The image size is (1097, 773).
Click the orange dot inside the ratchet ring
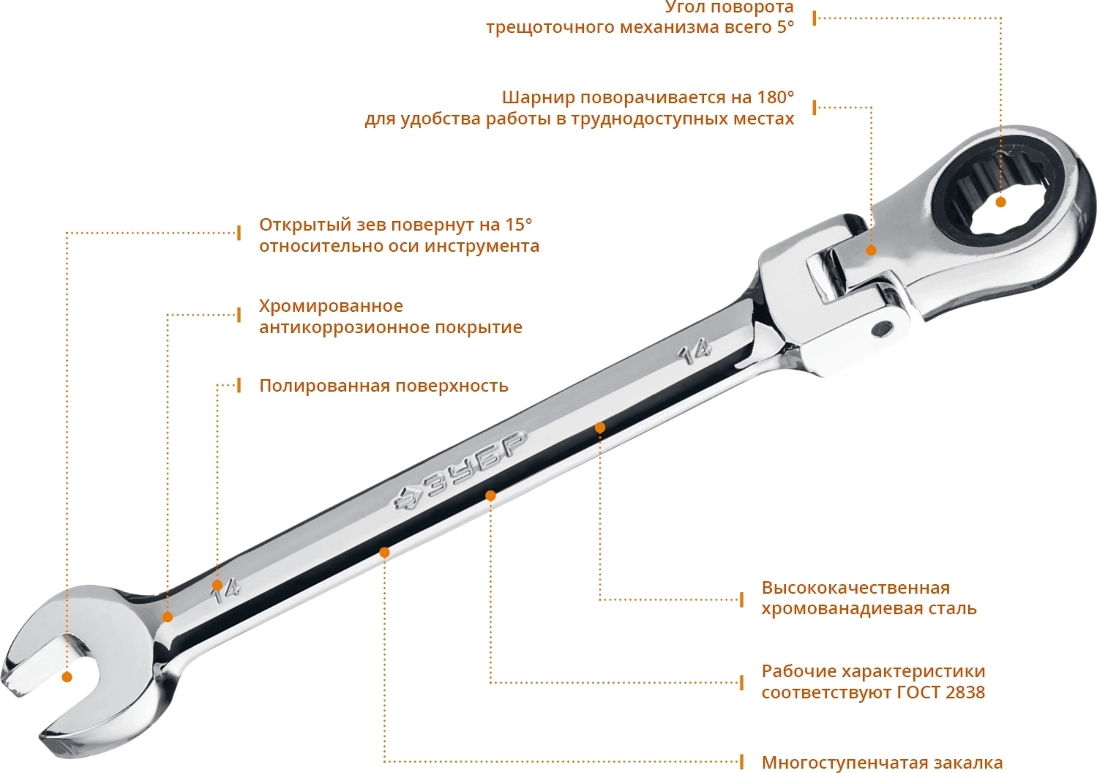click(x=1000, y=202)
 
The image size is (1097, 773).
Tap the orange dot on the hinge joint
click(x=871, y=250)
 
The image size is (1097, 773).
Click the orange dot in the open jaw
click(x=67, y=677)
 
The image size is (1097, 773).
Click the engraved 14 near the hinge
click(x=694, y=353)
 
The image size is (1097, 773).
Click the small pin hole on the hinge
click(x=884, y=329)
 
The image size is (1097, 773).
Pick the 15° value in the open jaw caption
click(x=517, y=224)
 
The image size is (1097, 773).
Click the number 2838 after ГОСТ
click(x=965, y=692)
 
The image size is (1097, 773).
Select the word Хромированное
click(x=331, y=306)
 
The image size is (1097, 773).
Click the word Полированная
click(x=325, y=386)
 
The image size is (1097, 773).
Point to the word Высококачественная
click(x=855, y=587)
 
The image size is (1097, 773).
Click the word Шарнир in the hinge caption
click(x=539, y=98)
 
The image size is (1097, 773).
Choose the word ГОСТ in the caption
click(x=918, y=692)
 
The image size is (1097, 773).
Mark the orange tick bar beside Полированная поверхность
click(x=239, y=385)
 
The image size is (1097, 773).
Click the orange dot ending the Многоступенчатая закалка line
click(x=384, y=553)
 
